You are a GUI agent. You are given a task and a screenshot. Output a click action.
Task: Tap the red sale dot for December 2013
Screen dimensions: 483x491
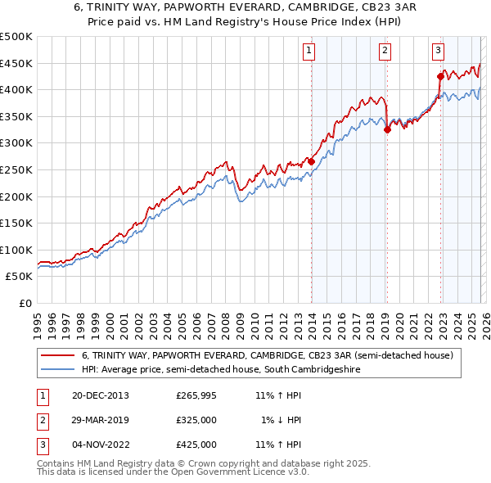point(311,161)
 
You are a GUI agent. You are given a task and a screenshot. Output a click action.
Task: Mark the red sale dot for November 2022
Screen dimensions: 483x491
point(440,77)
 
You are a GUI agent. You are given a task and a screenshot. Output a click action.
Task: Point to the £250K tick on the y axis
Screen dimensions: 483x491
point(16,169)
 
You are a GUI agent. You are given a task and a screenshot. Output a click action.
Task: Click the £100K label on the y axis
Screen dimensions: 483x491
point(16,250)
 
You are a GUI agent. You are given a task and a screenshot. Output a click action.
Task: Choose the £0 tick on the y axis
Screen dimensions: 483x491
point(25,303)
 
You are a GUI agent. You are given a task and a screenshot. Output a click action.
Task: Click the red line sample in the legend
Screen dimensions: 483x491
point(57,355)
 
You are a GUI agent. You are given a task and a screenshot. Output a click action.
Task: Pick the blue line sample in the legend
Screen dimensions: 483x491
point(57,370)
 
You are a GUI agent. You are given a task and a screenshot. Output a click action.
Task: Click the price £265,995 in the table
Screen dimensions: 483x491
point(196,395)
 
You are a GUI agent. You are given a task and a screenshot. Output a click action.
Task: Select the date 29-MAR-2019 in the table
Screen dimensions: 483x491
point(100,420)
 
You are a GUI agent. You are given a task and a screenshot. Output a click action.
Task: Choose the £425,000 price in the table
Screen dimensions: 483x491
point(196,445)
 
